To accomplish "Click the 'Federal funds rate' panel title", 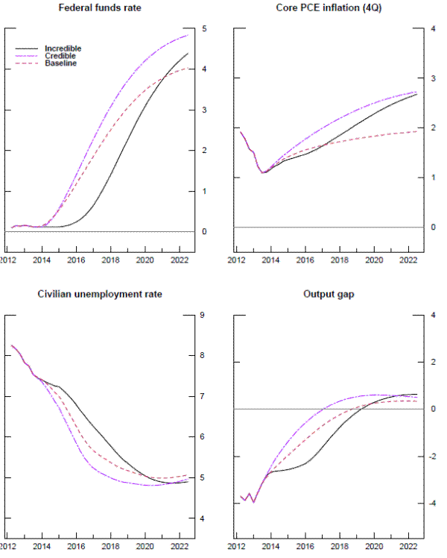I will pyautogui.click(x=100, y=10).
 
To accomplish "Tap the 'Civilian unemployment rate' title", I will pyautogui.click(x=100, y=294).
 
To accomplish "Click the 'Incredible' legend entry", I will pyautogui.click(x=63, y=48).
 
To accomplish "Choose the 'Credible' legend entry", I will pyautogui.click(x=60, y=56).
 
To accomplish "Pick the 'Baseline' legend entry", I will pyautogui.click(x=60, y=63).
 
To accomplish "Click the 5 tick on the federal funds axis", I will pyautogui.click(x=204, y=29).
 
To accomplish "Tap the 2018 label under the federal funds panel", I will pyautogui.click(x=110, y=260).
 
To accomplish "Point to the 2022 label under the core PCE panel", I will pyautogui.click(x=408, y=260).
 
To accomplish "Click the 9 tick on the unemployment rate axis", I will pyautogui.click(x=204, y=316).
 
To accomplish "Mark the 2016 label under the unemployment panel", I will pyautogui.click(x=76, y=546).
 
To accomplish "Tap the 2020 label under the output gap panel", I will pyautogui.click(x=374, y=546).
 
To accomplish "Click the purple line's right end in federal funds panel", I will pyautogui.click(x=188, y=35).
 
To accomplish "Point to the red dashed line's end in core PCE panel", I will pyautogui.click(x=416, y=131).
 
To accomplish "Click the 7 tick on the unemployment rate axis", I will pyautogui.click(x=204, y=397).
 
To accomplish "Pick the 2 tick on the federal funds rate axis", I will pyautogui.click(x=204, y=151).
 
